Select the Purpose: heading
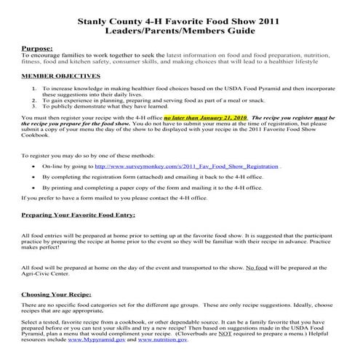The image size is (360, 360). (37, 48)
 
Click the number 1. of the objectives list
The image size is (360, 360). (34, 88)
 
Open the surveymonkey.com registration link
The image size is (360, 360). (210, 166)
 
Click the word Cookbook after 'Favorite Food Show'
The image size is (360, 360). (37, 134)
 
